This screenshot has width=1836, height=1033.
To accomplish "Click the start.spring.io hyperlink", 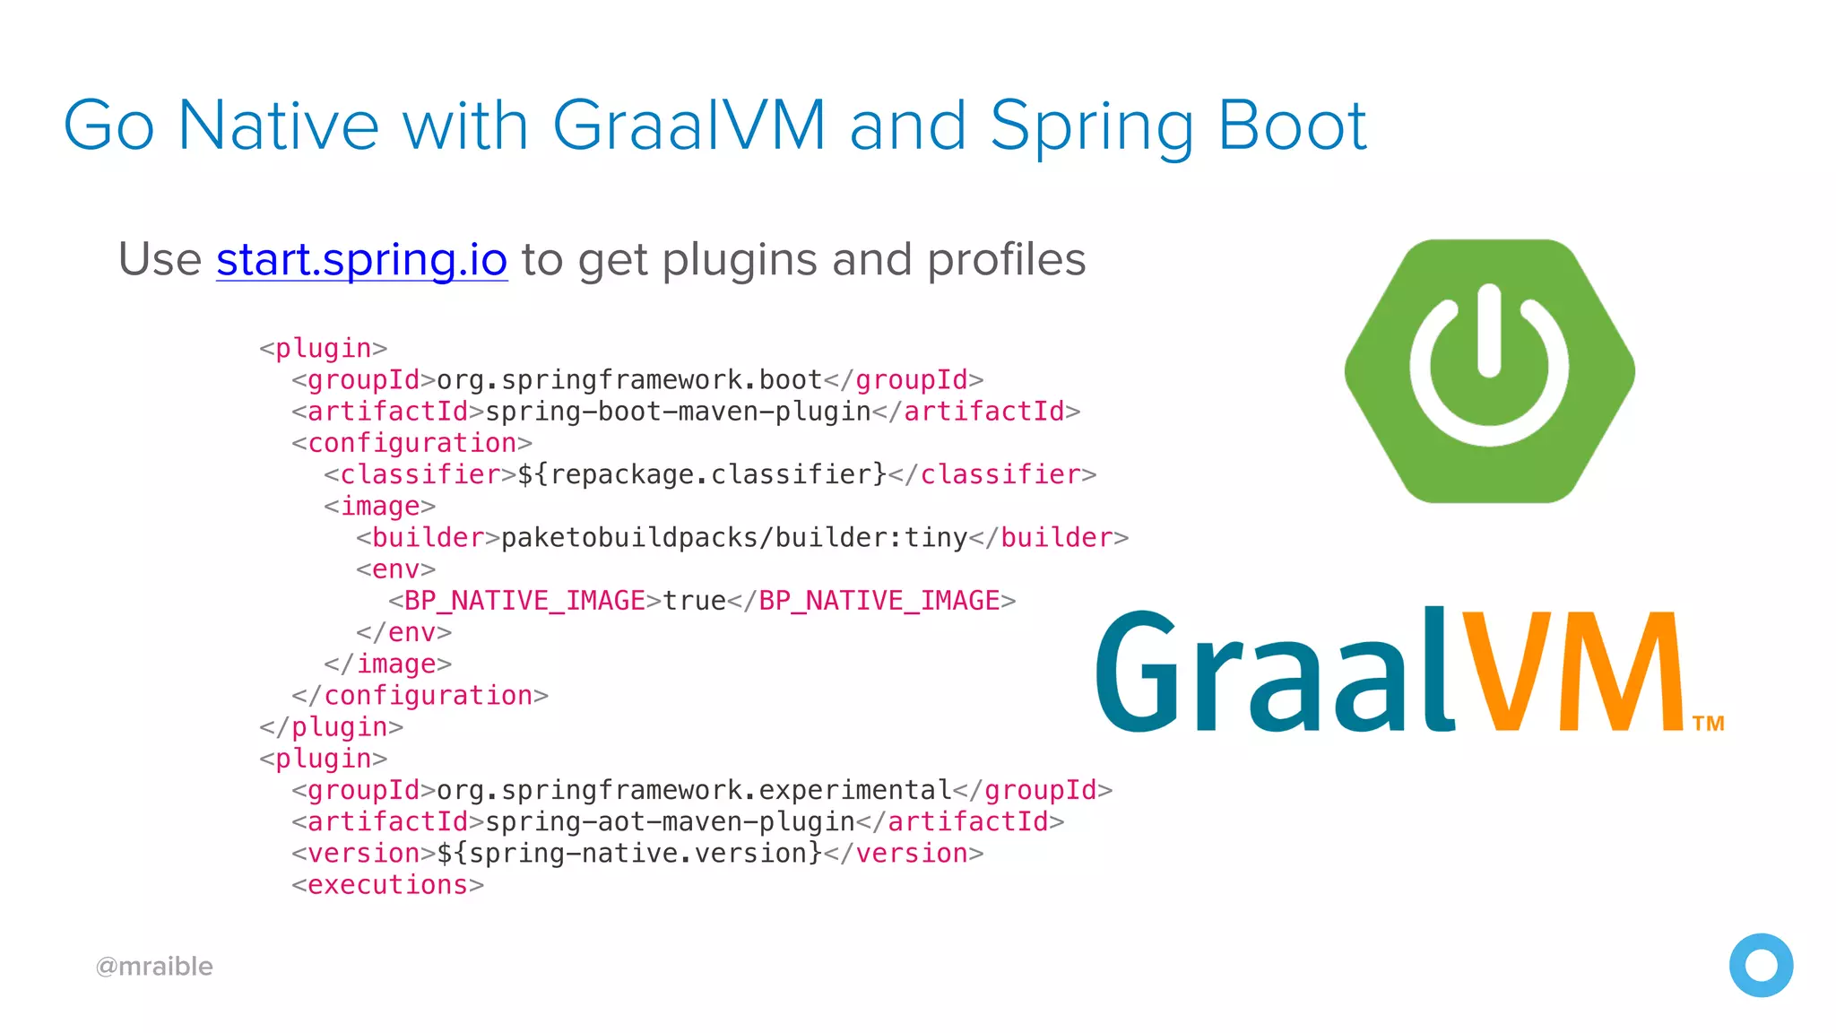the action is (x=361, y=260).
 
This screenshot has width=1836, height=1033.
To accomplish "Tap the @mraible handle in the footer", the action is (x=154, y=967).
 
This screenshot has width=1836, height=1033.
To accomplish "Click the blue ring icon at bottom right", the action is (x=1761, y=966).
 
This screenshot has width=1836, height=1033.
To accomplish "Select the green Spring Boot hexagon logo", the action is (x=1489, y=371).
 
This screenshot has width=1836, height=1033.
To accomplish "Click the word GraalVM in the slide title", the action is (x=688, y=126).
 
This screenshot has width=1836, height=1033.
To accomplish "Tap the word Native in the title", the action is (x=278, y=126).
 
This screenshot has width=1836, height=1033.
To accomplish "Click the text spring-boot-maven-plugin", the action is (x=678, y=412).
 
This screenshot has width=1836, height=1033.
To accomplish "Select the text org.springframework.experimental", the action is (x=694, y=790).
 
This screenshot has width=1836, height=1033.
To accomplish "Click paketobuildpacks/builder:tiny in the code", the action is (x=734, y=538).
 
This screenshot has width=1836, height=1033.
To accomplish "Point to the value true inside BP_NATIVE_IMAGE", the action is (x=695, y=601).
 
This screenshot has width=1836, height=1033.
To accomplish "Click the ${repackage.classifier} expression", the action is (x=702, y=474).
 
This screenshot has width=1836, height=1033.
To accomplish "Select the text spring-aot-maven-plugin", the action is (x=670, y=821).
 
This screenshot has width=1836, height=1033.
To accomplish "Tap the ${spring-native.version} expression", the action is (x=629, y=853).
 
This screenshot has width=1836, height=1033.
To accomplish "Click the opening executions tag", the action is (x=387, y=885).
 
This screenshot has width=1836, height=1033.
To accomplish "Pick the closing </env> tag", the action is (x=403, y=632).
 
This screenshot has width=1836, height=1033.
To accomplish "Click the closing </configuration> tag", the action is (x=420, y=696).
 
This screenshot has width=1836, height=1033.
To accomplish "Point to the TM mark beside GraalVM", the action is (x=1708, y=724).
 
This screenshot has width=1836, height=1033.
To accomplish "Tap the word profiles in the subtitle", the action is (x=1006, y=260).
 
